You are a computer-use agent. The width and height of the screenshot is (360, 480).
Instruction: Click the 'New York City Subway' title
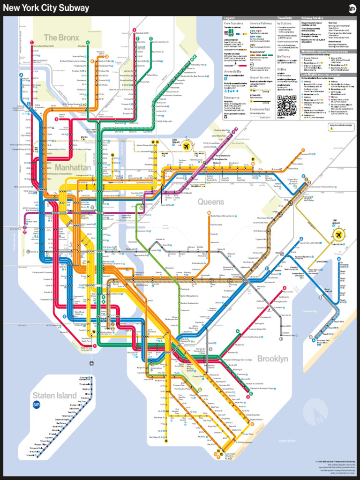point(46,8)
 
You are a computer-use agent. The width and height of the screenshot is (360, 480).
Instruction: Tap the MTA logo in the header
point(352,7)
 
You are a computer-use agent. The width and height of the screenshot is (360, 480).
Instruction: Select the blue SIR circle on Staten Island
point(37,405)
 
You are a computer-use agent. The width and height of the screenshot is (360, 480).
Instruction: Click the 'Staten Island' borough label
point(54,395)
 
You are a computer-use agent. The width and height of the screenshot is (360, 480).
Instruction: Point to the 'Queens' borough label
point(211,202)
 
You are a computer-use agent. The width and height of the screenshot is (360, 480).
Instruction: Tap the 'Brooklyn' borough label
point(272,359)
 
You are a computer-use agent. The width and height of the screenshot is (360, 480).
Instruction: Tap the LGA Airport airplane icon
point(187,147)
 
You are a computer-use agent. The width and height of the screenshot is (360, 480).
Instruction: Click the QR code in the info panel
point(285,105)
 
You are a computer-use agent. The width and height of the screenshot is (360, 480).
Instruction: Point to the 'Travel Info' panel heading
point(285,18)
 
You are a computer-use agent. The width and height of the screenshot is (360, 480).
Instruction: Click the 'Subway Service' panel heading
point(313,18)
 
